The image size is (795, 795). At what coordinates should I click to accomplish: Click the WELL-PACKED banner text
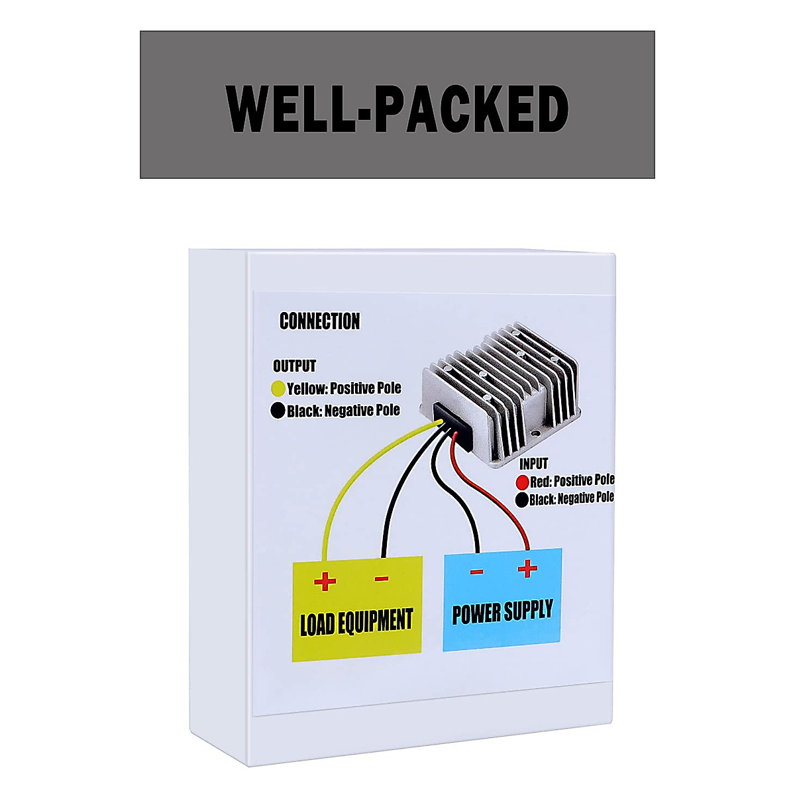click(x=397, y=108)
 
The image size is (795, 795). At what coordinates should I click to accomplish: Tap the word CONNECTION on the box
click(x=319, y=321)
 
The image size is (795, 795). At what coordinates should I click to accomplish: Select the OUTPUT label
click(x=294, y=366)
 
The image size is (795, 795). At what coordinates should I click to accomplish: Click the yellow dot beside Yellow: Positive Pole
click(x=278, y=388)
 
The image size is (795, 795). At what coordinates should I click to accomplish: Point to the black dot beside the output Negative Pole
click(x=278, y=411)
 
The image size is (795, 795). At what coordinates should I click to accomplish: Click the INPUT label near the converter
click(x=533, y=464)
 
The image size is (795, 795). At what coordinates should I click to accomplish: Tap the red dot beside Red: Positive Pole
click(x=522, y=482)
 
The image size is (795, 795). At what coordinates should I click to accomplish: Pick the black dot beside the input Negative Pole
click(x=522, y=500)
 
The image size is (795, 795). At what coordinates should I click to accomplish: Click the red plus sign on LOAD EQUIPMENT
click(x=325, y=582)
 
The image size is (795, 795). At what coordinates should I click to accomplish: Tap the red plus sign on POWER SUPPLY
click(x=527, y=568)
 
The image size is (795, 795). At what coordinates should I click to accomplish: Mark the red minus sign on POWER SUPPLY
click(x=477, y=572)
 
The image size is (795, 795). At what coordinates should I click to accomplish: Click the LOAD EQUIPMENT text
click(x=356, y=623)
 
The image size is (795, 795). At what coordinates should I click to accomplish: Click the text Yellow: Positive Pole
click(x=344, y=388)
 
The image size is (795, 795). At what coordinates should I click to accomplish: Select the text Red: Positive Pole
click(x=572, y=480)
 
